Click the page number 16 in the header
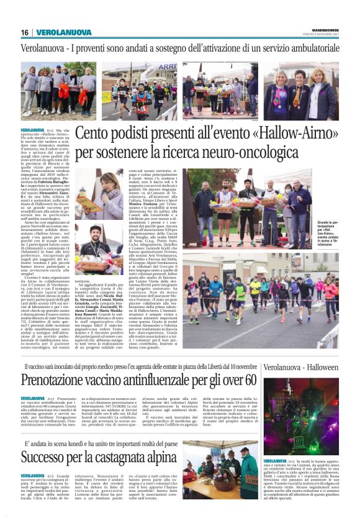pos(24,32)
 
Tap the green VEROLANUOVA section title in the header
pos(61,32)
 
